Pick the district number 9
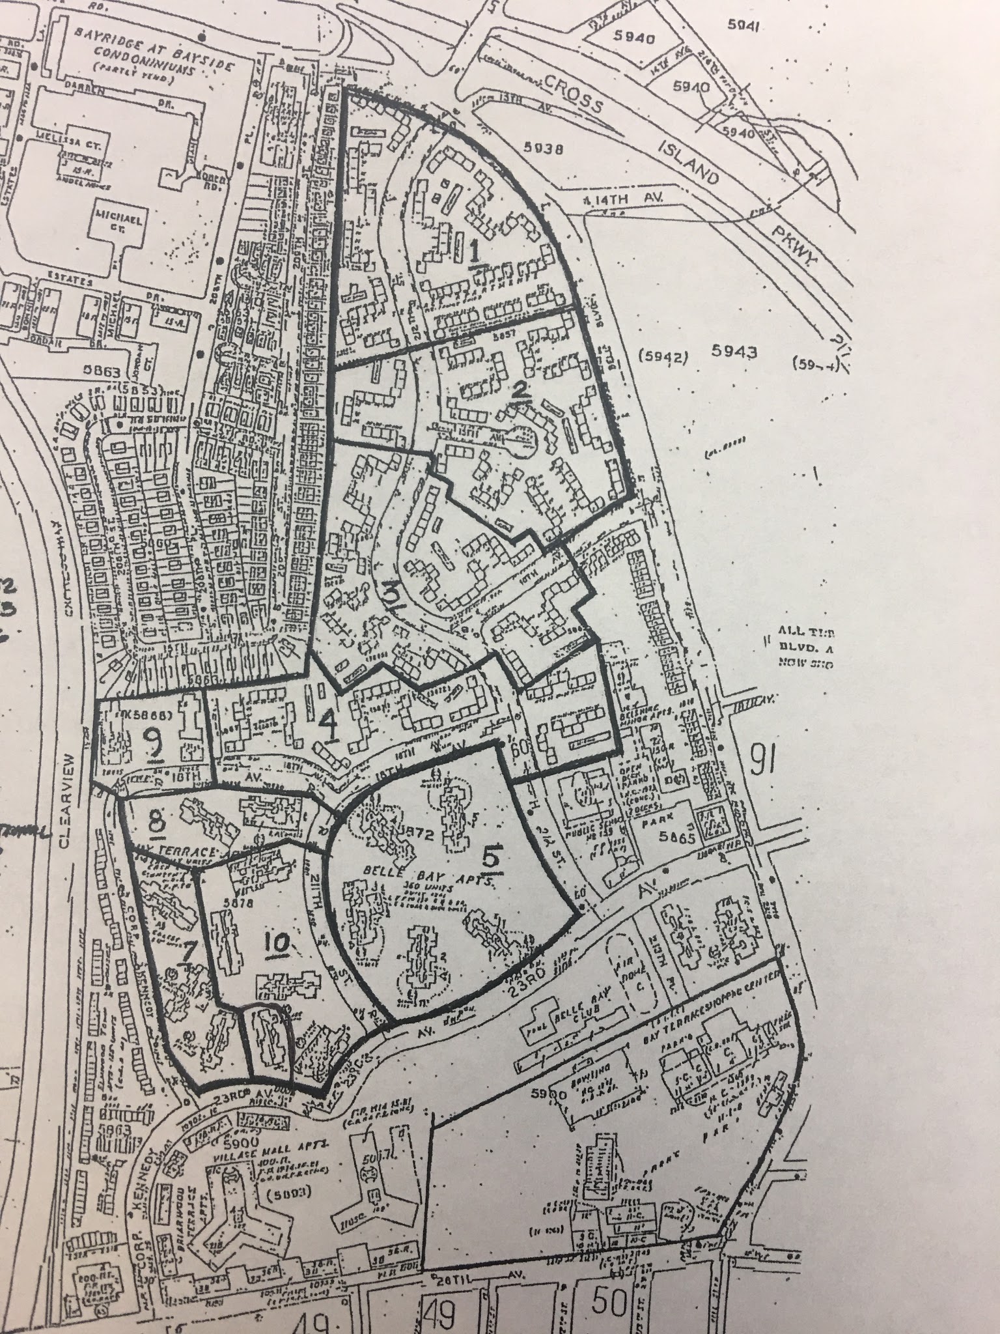[x=154, y=742]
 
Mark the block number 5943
[x=734, y=352]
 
